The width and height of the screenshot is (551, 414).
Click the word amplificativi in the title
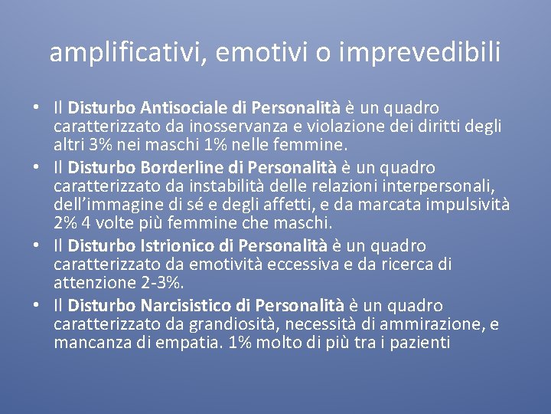tap(127, 51)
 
